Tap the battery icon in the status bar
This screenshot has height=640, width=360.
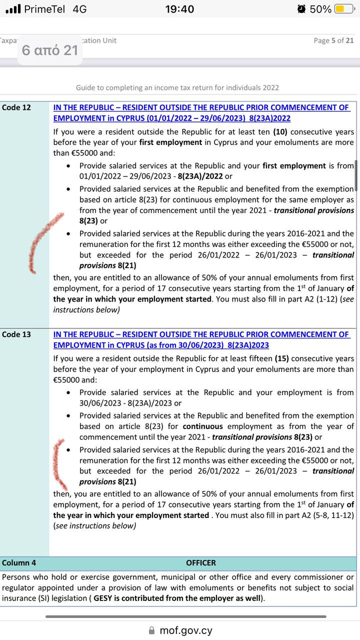coord(344,9)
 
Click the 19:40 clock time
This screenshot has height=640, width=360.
coord(179,9)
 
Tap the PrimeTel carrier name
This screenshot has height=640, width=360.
coord(44,9)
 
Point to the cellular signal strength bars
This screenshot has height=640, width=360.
coord(13,9)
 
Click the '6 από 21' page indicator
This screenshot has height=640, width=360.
coord(50,50)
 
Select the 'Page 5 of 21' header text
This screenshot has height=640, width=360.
coord(333,40)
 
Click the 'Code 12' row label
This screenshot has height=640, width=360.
coord(16,107)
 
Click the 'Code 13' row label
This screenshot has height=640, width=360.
coord(16,334)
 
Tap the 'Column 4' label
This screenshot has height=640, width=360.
coord(19,563)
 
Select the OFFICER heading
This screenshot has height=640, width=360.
coord(201,563)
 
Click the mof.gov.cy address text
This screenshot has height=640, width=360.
coord(186,630)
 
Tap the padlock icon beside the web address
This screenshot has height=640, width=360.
coord(152,630)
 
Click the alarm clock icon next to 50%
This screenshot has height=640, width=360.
coord(301,9)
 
